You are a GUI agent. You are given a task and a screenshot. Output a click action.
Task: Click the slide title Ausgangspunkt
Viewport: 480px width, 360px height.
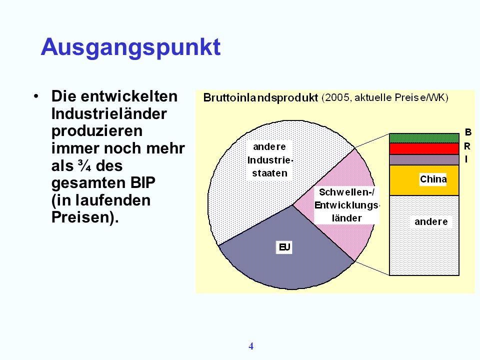(x=130, y=48)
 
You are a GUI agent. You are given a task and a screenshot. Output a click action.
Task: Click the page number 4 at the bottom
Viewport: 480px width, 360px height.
(x=251, y=346)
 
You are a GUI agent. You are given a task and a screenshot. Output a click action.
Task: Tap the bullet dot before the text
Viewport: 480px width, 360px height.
(x=36, y=96)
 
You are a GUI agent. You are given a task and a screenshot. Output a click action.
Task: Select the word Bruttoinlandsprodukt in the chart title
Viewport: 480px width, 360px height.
(x=260, y=97)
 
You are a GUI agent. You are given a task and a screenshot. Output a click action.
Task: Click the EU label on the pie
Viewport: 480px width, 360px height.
(x=284, y=247)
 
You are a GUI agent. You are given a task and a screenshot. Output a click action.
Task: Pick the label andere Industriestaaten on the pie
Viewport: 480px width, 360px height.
(x=269, y=160)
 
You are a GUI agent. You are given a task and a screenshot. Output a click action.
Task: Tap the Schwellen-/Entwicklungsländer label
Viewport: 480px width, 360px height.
(x=346, y=205)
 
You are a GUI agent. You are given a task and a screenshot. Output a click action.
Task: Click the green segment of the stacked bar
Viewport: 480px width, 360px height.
(x=424, y=138)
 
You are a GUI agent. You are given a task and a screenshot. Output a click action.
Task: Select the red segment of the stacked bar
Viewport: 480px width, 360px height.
(x=424, y=149)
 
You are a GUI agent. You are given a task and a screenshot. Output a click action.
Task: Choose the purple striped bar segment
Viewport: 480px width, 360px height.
(x=424, y=160)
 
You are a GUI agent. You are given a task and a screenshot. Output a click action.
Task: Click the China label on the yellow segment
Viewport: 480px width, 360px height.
(x=433, y=179)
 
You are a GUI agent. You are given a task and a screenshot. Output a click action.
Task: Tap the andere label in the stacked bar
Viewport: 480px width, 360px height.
(x=431, y=221)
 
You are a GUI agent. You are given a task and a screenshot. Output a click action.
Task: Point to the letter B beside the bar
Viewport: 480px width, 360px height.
(x=468, y=132)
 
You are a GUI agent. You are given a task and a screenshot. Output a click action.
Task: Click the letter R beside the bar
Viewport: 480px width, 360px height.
(x=467, y=146)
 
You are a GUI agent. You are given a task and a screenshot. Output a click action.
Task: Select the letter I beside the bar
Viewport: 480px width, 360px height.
(x=466, y=159)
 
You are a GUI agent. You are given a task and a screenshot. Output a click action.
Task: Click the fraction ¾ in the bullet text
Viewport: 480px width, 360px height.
(x=84, y=166)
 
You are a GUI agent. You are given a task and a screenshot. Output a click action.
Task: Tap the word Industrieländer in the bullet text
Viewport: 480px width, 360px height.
(x=109, y=114)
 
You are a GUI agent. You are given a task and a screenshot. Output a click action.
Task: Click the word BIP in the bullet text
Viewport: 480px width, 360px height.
(x=142, y=183)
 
